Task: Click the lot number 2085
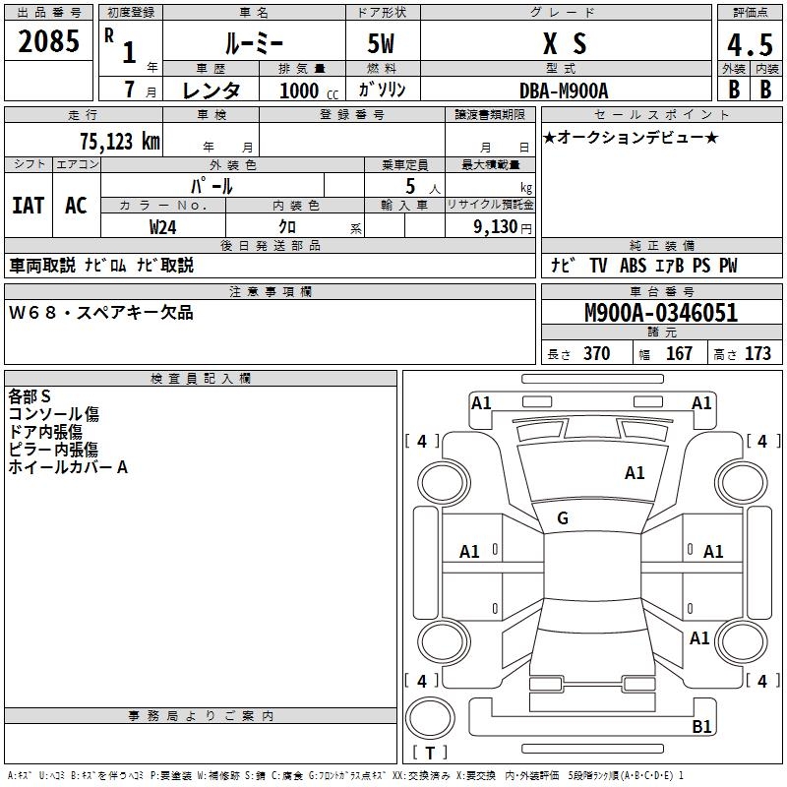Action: point(49,42)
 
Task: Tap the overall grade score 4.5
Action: point(750,43)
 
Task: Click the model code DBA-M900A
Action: point(564,90)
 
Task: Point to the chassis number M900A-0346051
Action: point(661,314)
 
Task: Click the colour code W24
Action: point(163,226)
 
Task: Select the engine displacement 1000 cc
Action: point(300,91)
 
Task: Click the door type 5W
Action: point(382,45)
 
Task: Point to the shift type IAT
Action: point(28,205)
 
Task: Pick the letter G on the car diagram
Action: point(563,518)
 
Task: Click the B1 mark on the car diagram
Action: point(701,727)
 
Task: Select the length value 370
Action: point(596,354)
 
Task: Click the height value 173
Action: point(757,354)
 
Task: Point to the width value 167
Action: point(679,354)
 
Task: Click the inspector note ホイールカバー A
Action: point(68,467)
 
